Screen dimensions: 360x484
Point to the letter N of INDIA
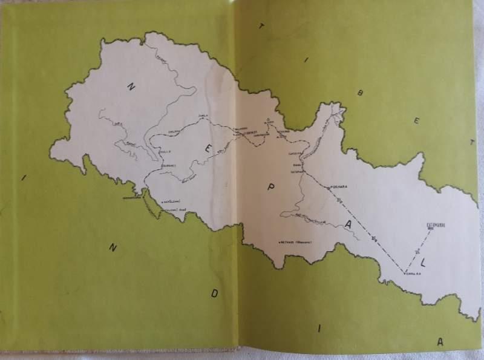point(113,247)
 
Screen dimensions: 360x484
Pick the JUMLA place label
point(203,117)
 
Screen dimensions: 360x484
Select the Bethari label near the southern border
point(295,241)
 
